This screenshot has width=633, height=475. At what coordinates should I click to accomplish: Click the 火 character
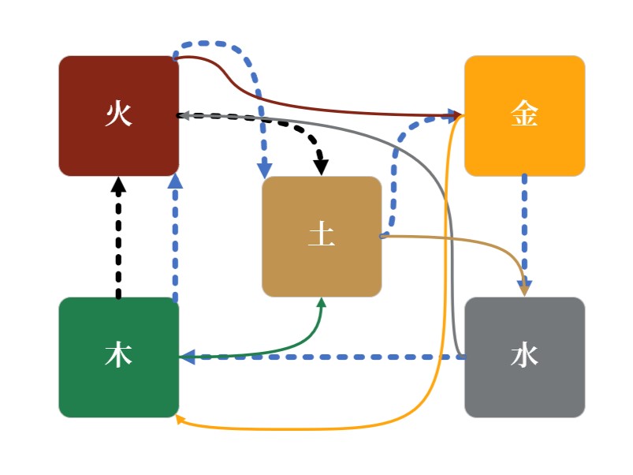(118, 115)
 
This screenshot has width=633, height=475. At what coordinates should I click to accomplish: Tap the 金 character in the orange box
(524, 115)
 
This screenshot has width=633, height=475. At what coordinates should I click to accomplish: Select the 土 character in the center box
(321, 236)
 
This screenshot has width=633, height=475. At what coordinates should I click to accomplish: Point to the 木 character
(118, 357)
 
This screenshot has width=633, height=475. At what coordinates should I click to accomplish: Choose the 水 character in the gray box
(524, 357)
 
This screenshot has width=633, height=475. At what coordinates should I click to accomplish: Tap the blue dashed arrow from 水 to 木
(331, 357)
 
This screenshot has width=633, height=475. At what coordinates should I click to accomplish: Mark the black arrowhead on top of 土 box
(321, 167)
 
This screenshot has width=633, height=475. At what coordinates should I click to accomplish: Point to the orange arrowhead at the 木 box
(181, 420)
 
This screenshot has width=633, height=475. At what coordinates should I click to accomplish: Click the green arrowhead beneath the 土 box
(321, 303)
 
